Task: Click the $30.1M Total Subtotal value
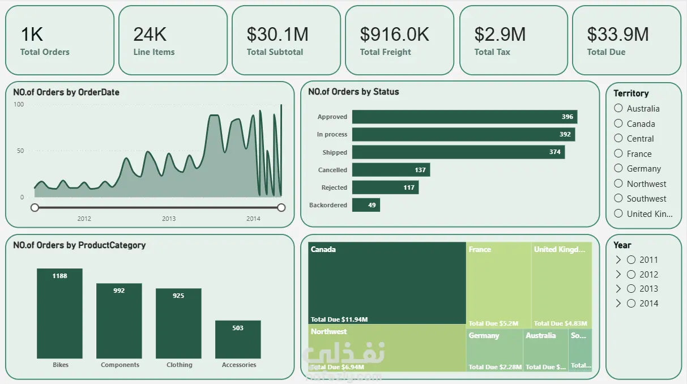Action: click(x=278, y=35)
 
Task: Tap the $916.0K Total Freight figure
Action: click(x=395, y=35)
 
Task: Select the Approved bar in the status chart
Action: click(x=464, y=117)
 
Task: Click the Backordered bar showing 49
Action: click(x=366, y=205)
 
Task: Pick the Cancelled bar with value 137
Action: click(x=391, y=170)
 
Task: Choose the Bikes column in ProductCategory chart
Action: click(x=59, y=313)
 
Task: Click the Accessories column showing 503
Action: click(x=238, y=339)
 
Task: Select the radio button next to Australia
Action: click(x=618, y=108)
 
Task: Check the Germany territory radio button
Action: click(x=618, y=168)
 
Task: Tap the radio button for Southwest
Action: click(x=618, y=198)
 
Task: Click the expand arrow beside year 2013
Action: click(x=618, y=289)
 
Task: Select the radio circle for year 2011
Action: click(x=631, y=260)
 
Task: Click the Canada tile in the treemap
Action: click(x=387, y=283)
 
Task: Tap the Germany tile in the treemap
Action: click(x=494, y=350)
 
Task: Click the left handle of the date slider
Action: click(x=35, y=208)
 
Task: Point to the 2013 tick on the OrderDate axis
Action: click(x=169, y=219)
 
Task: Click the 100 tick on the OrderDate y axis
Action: click(x=19, y=105)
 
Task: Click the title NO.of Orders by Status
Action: click(x=353, y=92)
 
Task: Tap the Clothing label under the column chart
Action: click(x=179, y=365)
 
